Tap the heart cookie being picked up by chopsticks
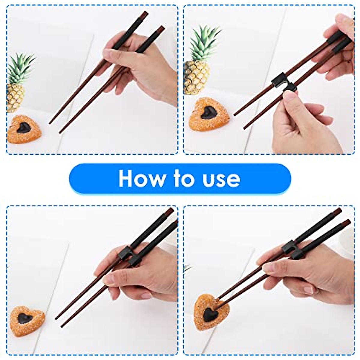[x=211, y=310]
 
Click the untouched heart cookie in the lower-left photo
[x=27, y=318]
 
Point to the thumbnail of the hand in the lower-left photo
[x=109, y=280]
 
